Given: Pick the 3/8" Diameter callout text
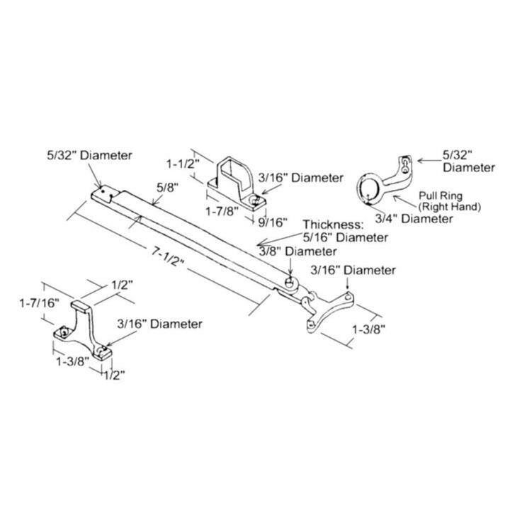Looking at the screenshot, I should pyautogui.click(x=298, y=251).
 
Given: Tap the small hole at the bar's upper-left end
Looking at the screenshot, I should pyautogui.click(x=101, y=190).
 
